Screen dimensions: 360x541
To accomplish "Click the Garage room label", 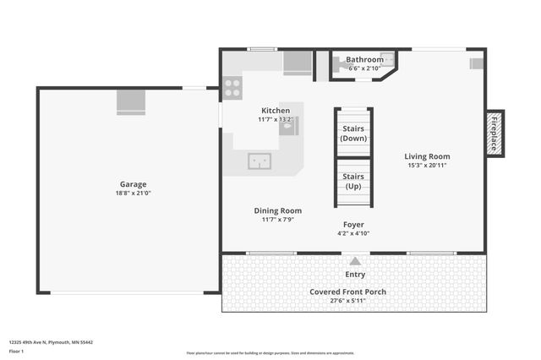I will [x=133, y=183].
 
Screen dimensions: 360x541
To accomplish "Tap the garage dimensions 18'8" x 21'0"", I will [x=133, y=193].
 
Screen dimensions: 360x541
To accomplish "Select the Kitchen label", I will [x=276, y=111].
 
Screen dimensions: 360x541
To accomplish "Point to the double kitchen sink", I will [x=259, y=161].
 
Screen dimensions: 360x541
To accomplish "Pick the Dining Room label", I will [x=277, y=210].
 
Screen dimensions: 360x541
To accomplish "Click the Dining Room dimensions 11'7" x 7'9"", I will [x=277, y=220].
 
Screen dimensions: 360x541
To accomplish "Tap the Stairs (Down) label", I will [x=353, y=133].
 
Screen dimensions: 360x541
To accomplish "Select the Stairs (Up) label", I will [x=353, y=181].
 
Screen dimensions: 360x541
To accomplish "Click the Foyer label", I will [x=353, y=224].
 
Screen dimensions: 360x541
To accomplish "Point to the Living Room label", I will [x=426, y=156].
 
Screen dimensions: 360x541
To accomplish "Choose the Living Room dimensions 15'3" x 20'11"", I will [x=426, y=166].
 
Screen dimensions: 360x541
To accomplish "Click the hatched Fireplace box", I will [x=495, y=134].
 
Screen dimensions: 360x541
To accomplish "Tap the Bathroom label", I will [x=365, y=60].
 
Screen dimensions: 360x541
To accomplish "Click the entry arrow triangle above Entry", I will [x=355, y=261].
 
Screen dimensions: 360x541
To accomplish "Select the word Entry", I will [x=355, y=274].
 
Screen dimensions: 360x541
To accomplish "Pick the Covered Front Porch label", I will [x=347, y=292].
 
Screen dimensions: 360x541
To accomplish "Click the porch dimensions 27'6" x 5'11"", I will [x=347, y=301].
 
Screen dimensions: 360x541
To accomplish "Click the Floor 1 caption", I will [x=16, y=350].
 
